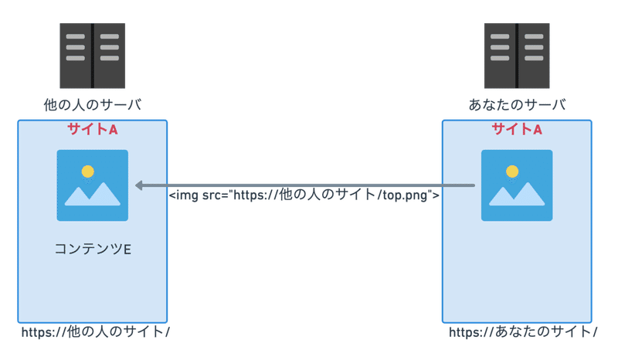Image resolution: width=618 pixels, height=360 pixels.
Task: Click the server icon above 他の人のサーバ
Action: pyautogui.click(x=92, y=56)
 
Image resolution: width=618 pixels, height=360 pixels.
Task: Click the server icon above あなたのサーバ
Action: pyautogui.click(x=517, y=56)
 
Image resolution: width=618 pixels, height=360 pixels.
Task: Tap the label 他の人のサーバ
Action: pyautogui.click(x=93, y=105)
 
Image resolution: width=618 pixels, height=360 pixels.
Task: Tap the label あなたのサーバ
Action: pyautogui.click(x=517, y=105)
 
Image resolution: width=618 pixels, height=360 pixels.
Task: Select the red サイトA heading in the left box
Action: pyautogui.click(x=93, y=129)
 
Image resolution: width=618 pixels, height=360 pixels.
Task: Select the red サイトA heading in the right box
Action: pyautogui.click(x=517, y=129)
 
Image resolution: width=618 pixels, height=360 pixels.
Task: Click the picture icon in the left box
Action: pyautogui.click(x=92, y=185)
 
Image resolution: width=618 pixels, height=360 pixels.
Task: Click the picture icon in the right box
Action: pyautogui.click(x=517, y=185)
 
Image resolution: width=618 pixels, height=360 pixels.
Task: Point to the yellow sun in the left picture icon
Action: pyautogui.click(x=87, y=172)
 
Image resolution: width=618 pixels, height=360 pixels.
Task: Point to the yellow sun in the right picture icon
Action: pyautogui.click(x=512, y=172)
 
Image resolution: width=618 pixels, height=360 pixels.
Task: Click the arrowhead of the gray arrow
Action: pyautogui.click(x=138, y=185)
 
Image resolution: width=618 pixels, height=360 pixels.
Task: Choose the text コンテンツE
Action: pyautogui.click(x=93, y=250)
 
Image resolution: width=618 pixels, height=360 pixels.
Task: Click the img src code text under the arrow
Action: pyautogui.click(x=304, y=195)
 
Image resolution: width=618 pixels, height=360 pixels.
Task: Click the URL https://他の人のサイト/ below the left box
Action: pyautogui.click(x=95, y=332)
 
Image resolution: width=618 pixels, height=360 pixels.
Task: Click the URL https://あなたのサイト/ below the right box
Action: pyautogui.click(x=523, y=332)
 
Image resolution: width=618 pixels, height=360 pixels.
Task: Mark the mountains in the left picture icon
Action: pyautogui.click(x=92, y=194)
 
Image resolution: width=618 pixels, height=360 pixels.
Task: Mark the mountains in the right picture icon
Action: pyautogui.click(x=517, y=194)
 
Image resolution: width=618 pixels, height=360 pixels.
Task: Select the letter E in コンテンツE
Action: pyautogui.click(x=127, y=250)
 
